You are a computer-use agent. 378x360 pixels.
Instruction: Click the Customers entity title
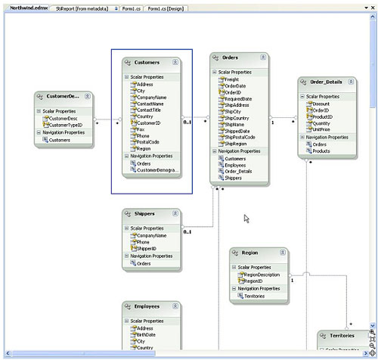[x=146, y=62]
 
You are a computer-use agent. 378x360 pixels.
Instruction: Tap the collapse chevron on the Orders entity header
[x=261, y=57]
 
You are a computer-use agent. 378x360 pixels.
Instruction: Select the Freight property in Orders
[x=232, y=79]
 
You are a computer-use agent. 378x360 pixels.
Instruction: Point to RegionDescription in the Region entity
[x=262, y=275]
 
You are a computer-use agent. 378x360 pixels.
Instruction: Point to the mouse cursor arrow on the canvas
[x=246, y=219]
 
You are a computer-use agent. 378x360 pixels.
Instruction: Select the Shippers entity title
[x=144, y=214]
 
